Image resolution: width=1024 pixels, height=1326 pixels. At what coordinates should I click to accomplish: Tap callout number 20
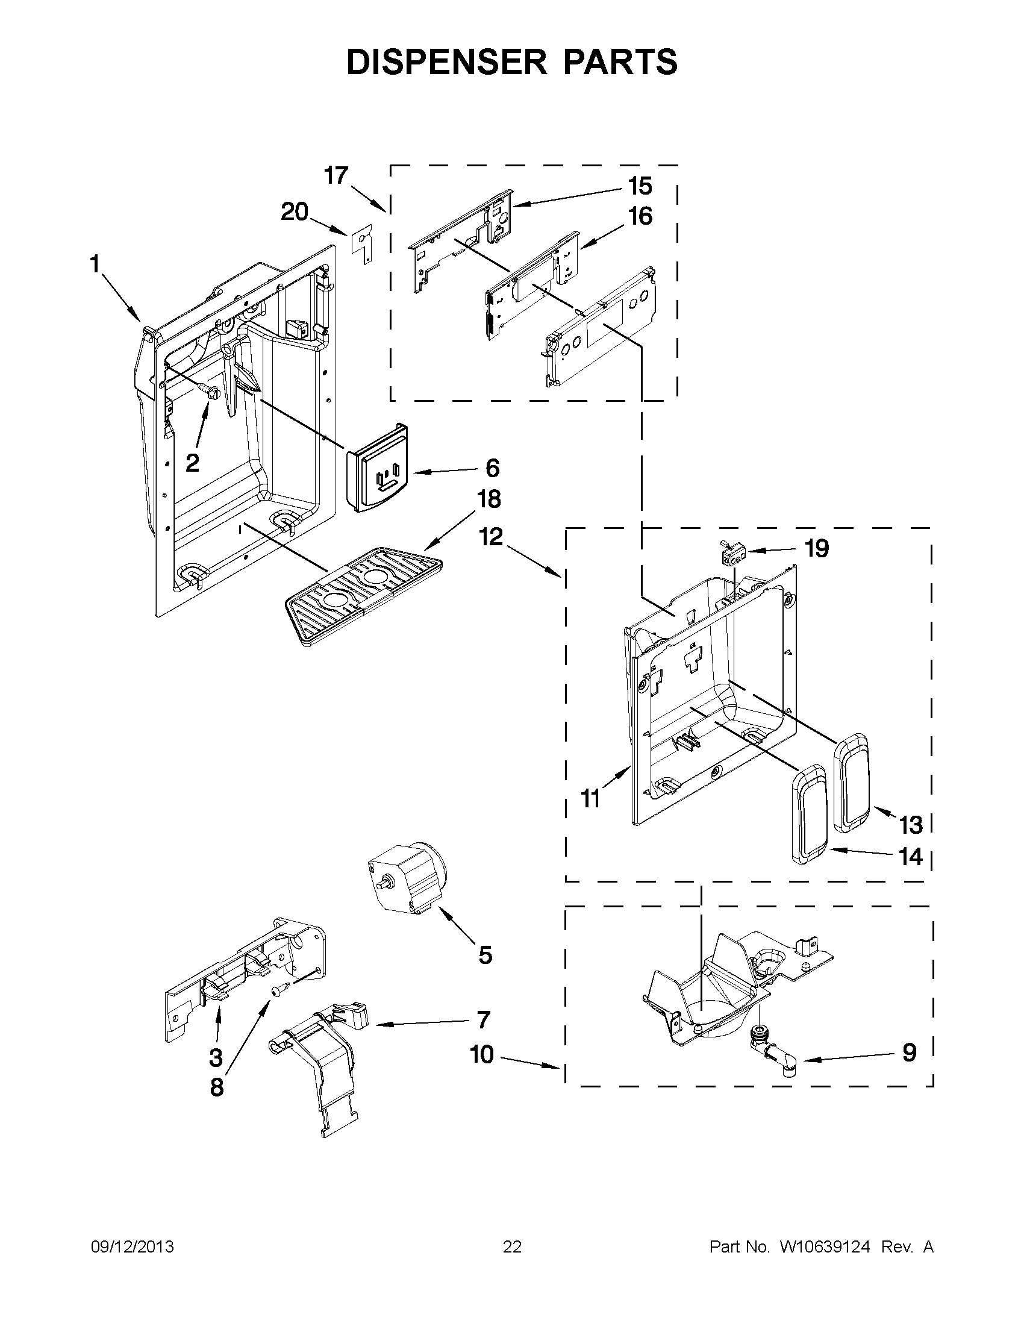[295, 212]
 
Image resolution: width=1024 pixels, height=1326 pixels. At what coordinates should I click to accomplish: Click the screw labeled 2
[210, 392]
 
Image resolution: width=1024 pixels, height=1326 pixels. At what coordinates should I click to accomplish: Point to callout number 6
[492, 468]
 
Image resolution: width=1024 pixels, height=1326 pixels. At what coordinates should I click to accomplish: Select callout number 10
[482, 1055]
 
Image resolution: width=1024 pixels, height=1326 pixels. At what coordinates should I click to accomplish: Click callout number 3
[216, 1057]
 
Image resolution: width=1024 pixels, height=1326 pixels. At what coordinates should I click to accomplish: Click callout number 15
[640, 186]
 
